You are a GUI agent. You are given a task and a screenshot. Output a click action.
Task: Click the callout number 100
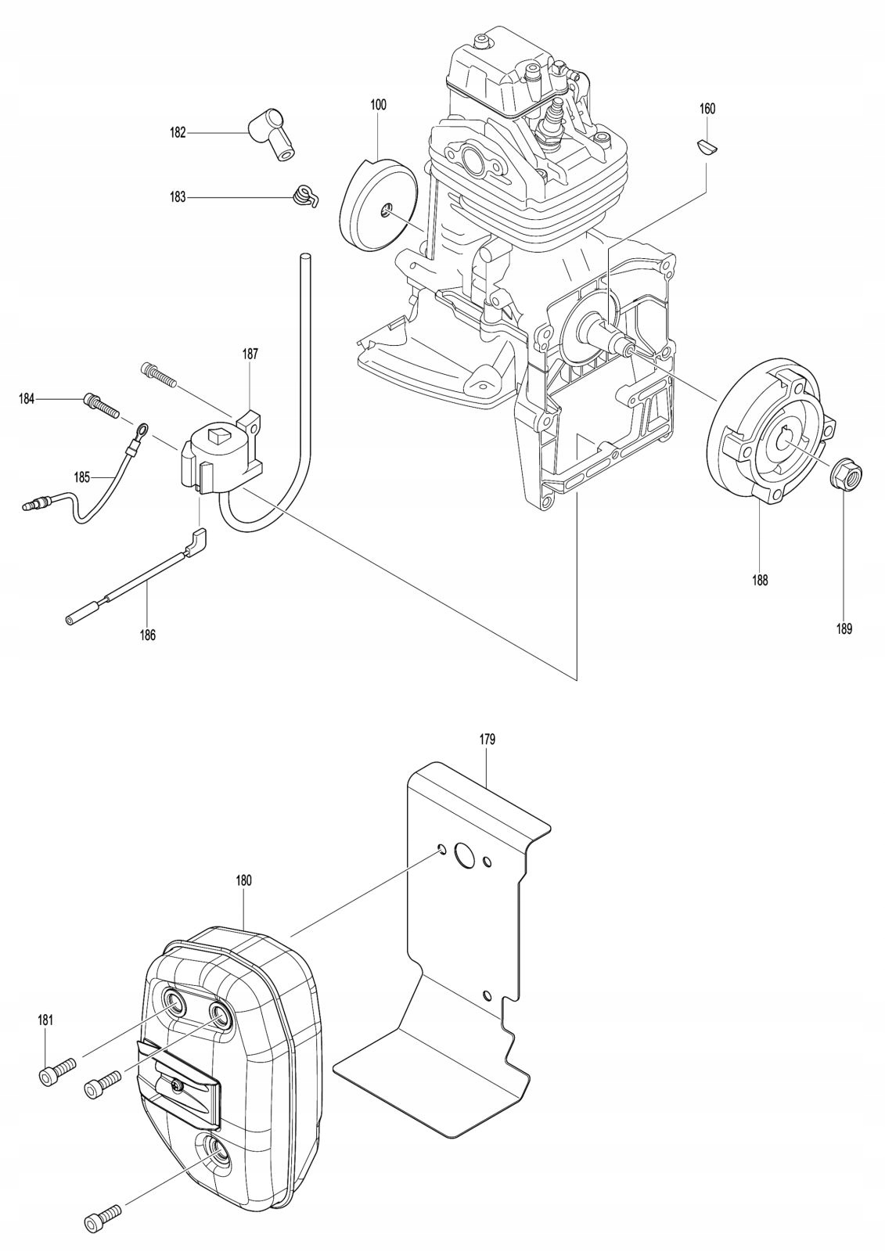[379, 104]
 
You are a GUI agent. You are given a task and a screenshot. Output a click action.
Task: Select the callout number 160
[707, 109]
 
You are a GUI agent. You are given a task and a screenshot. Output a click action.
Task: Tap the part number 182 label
[178, 133]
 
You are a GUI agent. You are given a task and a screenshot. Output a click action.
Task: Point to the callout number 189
[844, 628]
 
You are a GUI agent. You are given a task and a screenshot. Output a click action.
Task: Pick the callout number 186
[147, 635]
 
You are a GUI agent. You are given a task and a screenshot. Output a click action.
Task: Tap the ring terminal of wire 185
[142, 429]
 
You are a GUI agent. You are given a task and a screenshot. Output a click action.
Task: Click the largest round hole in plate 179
[465, 855]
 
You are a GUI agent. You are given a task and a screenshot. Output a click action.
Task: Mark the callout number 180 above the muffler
[243, 880]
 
